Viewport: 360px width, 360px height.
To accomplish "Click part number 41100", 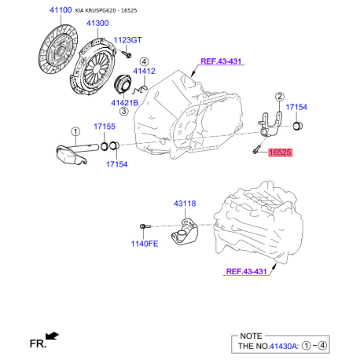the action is click(61, 10).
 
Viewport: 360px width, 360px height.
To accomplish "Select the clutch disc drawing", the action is click(58, 49).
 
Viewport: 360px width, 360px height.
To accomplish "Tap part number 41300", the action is click(97, 23).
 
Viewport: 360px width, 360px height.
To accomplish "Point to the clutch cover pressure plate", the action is click(93, 66).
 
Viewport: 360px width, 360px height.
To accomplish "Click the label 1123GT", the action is click(127, 40).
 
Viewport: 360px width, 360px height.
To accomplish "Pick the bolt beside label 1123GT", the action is click(127, 53).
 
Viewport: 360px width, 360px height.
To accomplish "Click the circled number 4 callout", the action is click(144, 62).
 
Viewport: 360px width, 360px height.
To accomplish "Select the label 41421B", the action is click(125, 103).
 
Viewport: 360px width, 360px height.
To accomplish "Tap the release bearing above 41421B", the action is click(123, 84).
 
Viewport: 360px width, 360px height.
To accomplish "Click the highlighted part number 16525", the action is click(280, 152).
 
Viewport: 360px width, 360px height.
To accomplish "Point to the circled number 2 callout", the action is click(280, 97).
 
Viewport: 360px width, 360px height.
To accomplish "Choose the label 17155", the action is click(105, 127).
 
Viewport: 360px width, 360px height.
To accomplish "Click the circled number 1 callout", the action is click(75, 131).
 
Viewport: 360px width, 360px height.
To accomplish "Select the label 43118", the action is click(185, 204).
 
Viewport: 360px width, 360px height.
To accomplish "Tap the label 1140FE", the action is click(145, 244).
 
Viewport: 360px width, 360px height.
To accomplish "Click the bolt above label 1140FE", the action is click(145, 226).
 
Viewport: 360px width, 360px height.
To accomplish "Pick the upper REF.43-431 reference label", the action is click(221, 61).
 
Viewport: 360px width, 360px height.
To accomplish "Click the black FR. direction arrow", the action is click(52, 336).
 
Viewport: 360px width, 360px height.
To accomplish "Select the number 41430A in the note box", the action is click(284, 346).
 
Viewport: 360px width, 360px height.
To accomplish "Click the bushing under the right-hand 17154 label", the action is click(297, 126).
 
